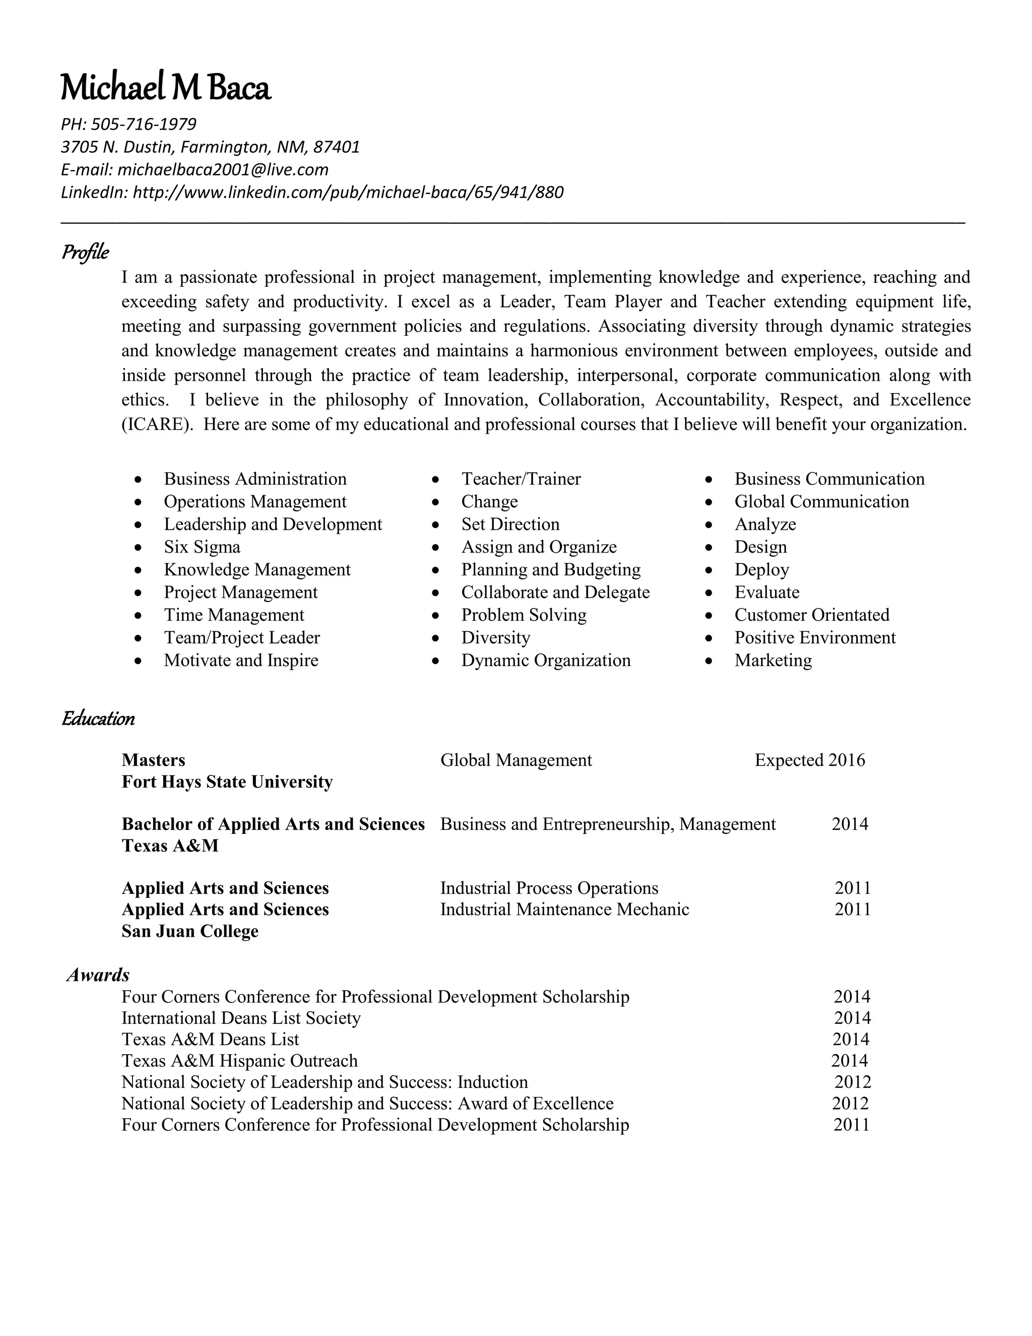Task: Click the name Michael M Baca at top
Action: [x=165, y=88]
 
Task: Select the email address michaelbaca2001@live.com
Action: [x=223, y=169]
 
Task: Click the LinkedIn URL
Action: [x=348, y=192]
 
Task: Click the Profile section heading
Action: [x=85, y=252]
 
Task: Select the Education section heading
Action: [x=98, y=718]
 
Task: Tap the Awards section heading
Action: [x=98, y=974]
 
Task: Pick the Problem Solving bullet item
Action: [x=524, y=615]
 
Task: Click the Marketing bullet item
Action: [x=773, y=660]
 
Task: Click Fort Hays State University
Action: [x=227, y=782]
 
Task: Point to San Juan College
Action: [x=189, y=931]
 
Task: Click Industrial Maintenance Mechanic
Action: [x=564, y=909]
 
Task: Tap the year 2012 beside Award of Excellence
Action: [x=850, y=1103]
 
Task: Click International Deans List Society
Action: [x=241, y=1017]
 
